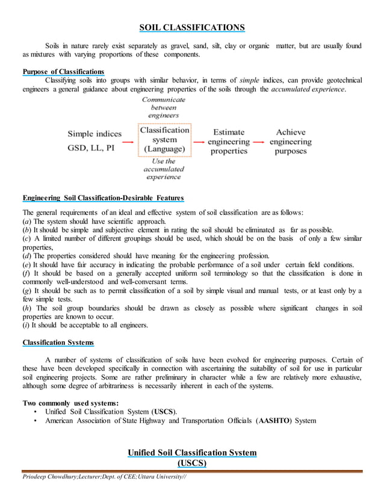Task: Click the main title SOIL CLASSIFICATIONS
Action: (192, 27)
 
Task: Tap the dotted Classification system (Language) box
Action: (164, 140)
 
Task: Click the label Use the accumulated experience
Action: (164, 169)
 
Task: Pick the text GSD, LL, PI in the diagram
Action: (91, 147)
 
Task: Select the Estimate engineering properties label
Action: (229, 142)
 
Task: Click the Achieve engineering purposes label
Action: (291, 142)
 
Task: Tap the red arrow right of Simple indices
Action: (129, 142)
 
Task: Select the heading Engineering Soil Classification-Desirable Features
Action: (103, 198)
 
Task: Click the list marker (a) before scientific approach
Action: (26, 221)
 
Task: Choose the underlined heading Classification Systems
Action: (58, 343)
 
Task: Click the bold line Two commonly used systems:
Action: (70, 403)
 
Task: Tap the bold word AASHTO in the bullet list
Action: (274, 421)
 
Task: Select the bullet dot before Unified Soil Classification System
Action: (37, 412)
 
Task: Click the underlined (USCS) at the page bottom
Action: (192, 463)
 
